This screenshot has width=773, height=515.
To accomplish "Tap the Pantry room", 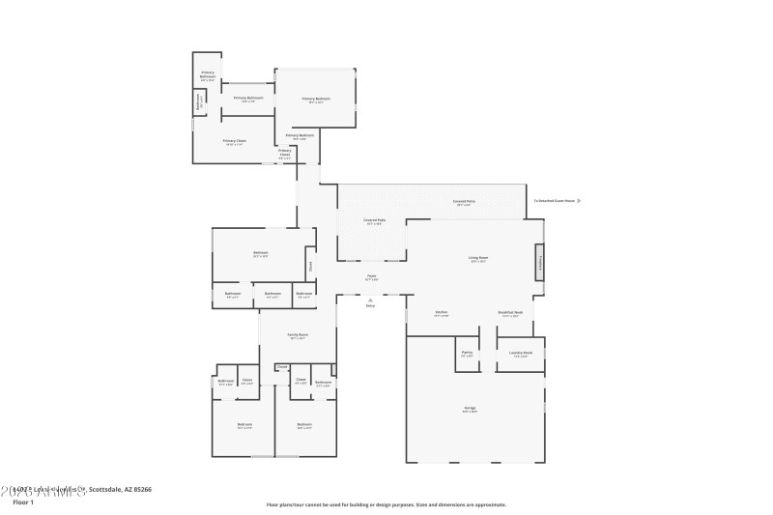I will pyautogui.click(x=467, y=354).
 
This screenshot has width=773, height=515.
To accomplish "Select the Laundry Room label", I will pyautogui.click(x=520, y=354).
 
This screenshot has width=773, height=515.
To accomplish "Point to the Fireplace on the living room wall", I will pyautogui.click(x=539, y=262).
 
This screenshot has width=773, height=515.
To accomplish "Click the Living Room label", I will pyautogui.click(x=477, y=258).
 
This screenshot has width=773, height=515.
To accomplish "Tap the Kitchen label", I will pyautogui.click(x=441, y=313).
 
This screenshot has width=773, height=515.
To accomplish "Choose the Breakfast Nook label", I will pyautogui.click(x=511, y=313).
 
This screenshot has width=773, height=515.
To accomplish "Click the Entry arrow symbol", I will pyautogui.click(x=370, y=300).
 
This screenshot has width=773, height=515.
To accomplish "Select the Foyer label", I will pyautogui.click(x=371, y=276).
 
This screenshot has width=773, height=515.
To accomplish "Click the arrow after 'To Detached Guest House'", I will pyautogui.click(x=579, y=201).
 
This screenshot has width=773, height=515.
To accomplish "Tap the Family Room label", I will pyautogui.click(x=297, y=335).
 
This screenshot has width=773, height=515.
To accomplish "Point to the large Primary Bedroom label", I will pyautogui.click(x=316, y=100).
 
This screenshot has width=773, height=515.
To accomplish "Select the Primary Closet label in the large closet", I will pyautogui.click(x=234, y=141).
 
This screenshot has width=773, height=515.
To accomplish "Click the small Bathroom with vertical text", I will pyautogui.click(x=200, y=100).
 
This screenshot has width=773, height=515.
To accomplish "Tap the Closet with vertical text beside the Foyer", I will pyautogui.click(x=310, y=266).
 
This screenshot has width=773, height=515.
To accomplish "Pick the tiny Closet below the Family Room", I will pyautogui.click(x=282, y=367).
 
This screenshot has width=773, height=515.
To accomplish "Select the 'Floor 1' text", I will pyautogui.click(x=23, y=502).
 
